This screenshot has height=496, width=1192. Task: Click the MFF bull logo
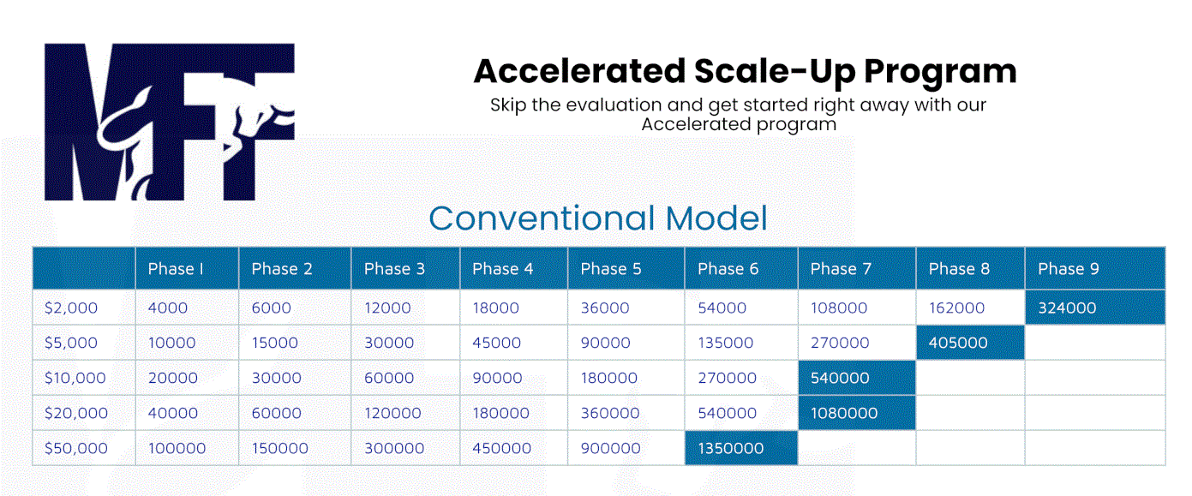pos(169,122)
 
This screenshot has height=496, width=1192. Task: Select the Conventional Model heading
pos(598,218)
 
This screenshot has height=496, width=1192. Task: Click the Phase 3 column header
pos(394,269)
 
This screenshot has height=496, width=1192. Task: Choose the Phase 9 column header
pos(1068,269)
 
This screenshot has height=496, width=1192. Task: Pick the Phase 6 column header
pos(728,269)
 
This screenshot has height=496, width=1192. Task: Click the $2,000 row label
pos(71,308)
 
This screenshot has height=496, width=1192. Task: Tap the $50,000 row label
pos(76,448)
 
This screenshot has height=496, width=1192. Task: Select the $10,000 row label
pos(75,378)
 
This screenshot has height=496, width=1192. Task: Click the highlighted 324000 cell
pos(1095,308)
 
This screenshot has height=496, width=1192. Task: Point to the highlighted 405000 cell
pos(970,343)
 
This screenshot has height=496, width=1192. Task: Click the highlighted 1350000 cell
pos(741,448)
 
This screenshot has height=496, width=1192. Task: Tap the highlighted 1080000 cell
pos(857,413)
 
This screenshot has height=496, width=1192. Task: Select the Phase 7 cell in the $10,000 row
pos(857,378)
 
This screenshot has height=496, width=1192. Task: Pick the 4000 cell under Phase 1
pos(168,308)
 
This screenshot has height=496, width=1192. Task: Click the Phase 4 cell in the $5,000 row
pos(496,343)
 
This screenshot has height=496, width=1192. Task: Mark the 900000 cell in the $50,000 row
pos(610,448)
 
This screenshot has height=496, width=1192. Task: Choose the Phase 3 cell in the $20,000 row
pos(392,413)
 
